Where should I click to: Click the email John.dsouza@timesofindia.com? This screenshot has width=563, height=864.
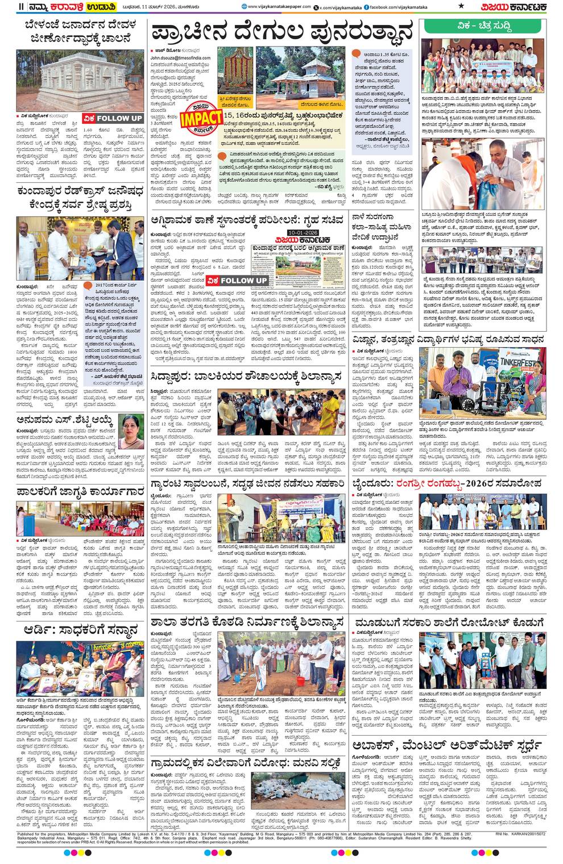click(x=180, y=58)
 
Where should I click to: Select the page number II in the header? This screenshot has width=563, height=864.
click(x=21, y=6)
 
